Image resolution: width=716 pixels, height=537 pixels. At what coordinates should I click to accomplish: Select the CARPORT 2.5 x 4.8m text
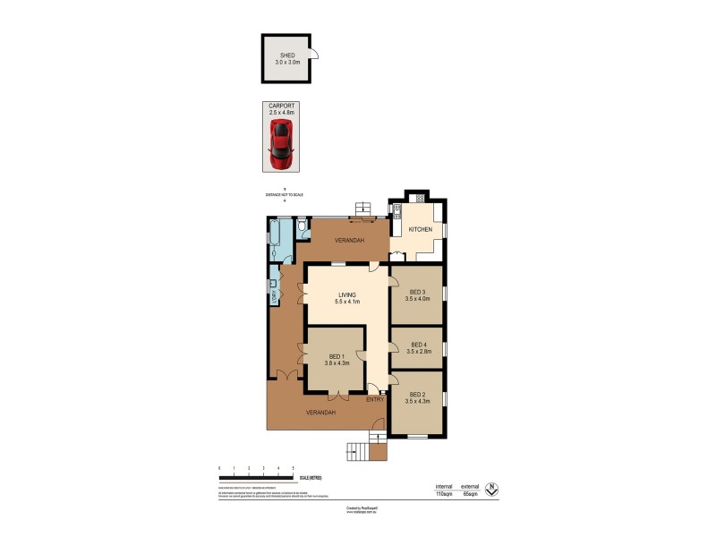click(281, 110)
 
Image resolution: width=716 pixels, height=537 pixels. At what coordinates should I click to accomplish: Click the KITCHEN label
click(421, 230)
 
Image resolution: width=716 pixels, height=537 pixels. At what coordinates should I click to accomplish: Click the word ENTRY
click(374, 399)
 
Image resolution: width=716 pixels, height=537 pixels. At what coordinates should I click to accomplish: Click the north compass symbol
click(490, 490)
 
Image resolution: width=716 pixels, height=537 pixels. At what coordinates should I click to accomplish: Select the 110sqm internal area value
click(444, 493)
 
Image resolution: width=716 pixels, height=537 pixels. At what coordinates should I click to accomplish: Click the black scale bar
click(256, 475)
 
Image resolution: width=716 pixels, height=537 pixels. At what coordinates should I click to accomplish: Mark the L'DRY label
click(273, 292)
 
